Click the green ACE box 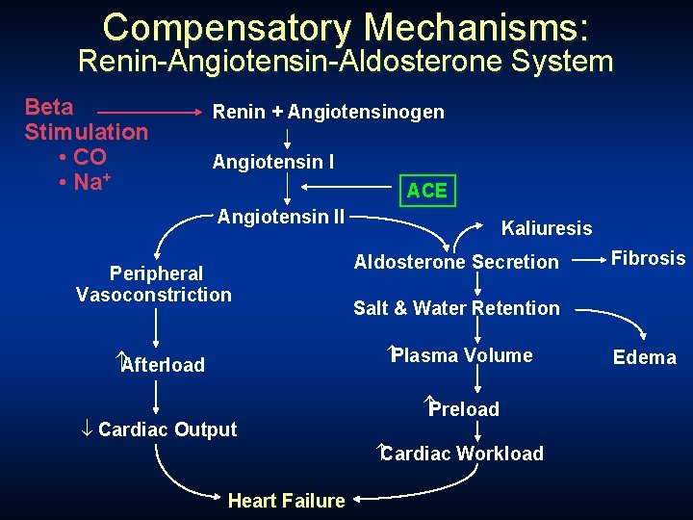point(426,190)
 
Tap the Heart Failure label point(286,501)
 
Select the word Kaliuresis point(547,228)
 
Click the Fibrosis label point(649,258)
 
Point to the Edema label point(644,358)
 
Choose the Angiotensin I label point(273,162)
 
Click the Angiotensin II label point(281,217)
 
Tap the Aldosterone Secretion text point(456,262)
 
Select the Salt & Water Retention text point(456,308)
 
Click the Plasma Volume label point(461,355)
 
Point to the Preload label point(464,409)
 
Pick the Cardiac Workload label point(462,454)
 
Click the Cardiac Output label point(167,429)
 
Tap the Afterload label point(163,365)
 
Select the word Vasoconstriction point(154,295)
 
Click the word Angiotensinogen point(366,113)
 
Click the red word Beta point(48,107)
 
